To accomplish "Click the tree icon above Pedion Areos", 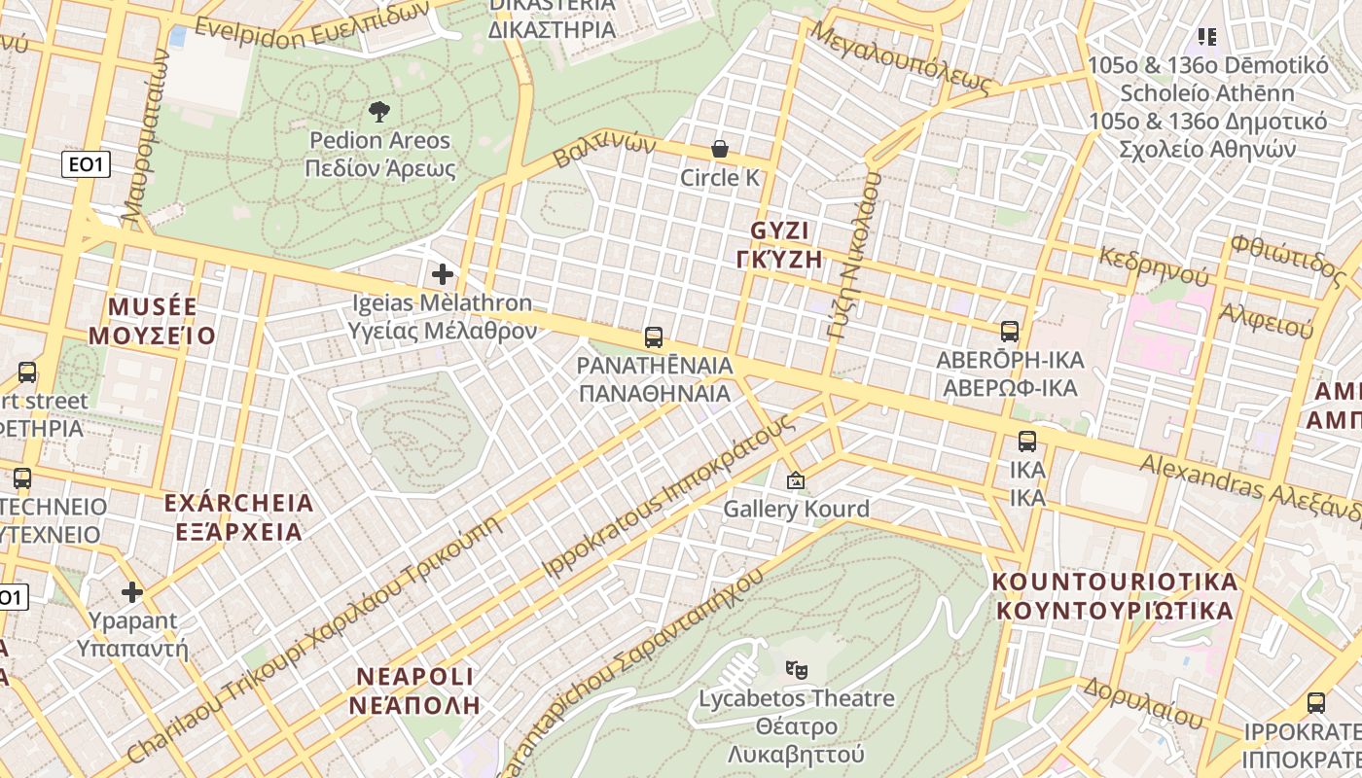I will tap(379, 111).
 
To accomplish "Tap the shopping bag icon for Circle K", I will tap(720, 149).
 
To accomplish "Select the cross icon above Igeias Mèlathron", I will tap(443, 274).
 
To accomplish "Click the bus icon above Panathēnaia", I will tap(654, 337).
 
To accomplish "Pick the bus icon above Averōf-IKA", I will tap(1010, 332).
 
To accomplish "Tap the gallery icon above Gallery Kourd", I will tap(796, 480).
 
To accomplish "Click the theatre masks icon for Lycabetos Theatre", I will tap(797, 669).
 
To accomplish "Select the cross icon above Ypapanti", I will tap(132, 591).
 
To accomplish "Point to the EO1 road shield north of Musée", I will tap(86, 164).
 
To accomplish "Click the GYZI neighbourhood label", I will tap(780, 231).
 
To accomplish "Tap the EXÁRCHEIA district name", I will tap(238, 504).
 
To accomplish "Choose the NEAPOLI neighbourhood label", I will tap(415, 677).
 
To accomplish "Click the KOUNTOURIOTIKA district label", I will tap(1115, 583).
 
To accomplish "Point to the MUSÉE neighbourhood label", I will tap(153, 307).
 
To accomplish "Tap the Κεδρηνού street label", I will tap(1154, 265).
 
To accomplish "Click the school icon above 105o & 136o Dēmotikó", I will tap(1207, 37).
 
